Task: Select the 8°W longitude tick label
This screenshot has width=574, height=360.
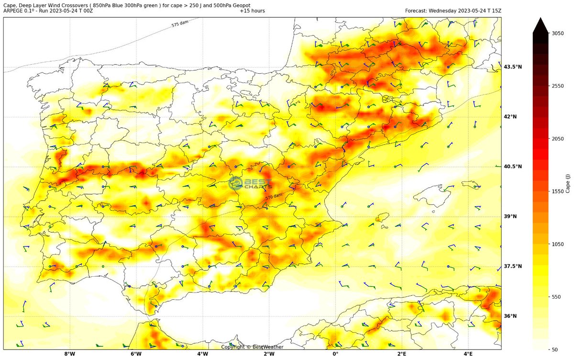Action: tap(69, 355)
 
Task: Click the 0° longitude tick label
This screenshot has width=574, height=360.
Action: tap(335, 355)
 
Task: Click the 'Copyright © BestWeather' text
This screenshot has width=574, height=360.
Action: tap(252, 347)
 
